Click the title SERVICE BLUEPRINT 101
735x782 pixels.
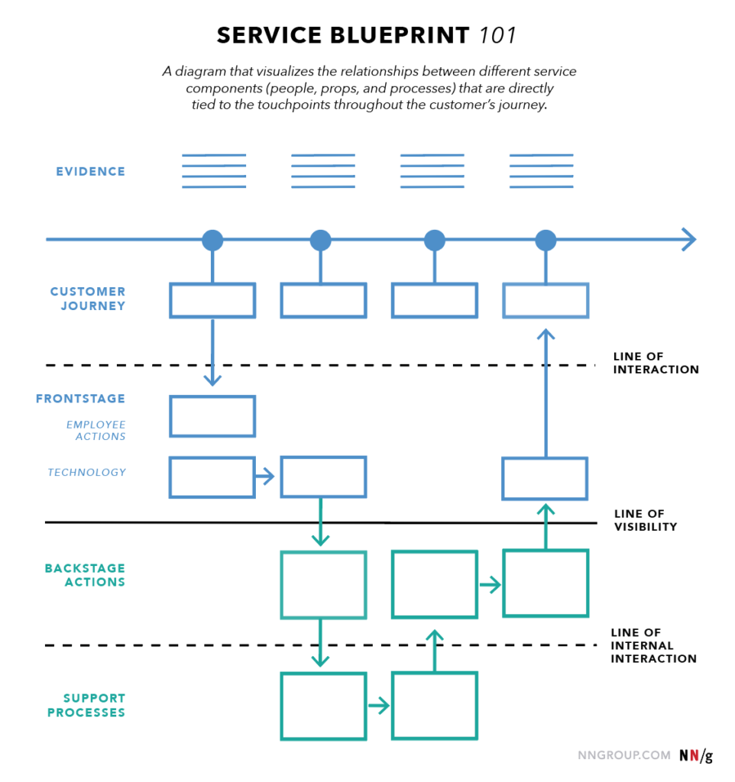367,35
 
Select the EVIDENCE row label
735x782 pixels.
90,172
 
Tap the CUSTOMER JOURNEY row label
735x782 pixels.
88,299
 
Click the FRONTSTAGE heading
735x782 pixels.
80,399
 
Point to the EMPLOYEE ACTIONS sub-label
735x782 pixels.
96,431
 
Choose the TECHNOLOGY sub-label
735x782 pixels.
87,473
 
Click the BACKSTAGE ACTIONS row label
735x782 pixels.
85,575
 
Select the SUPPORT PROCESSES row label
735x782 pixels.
86,705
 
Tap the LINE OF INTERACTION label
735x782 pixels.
656,363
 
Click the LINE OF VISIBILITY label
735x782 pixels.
645,520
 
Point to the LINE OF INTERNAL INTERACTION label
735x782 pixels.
653,645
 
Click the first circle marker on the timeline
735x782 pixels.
212,240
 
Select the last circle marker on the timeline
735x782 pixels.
546,240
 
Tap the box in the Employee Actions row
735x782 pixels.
212,416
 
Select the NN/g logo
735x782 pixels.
695,755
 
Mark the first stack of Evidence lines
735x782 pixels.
214,171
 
